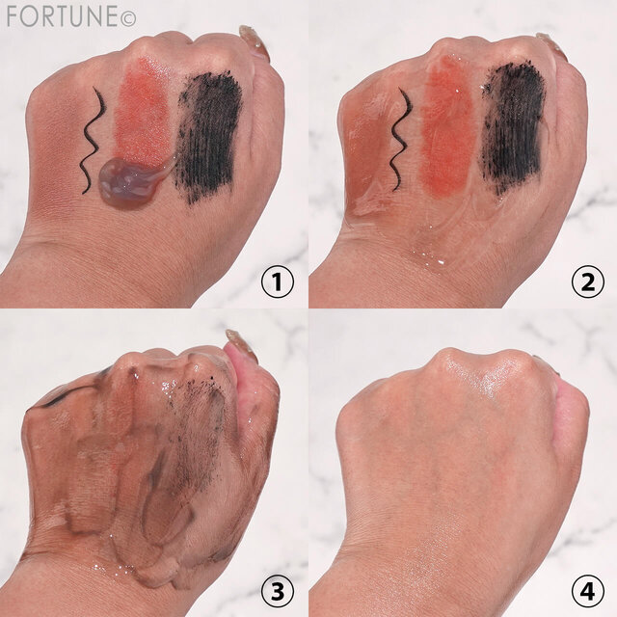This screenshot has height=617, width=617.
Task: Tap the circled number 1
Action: [x=278, y=282]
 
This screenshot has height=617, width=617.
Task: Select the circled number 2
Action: [x=587, y=282]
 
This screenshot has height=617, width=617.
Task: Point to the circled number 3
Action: [x=278, y=591]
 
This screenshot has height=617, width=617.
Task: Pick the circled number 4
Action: [x=587, y=591]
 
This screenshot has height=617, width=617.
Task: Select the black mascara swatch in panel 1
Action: [x=208, y=136]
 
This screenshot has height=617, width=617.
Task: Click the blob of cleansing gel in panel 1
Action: [x=132, y=182]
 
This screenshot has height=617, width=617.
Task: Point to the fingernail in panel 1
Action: [x=254, y=41]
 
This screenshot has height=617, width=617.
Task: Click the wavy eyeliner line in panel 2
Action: [x=401, y=141]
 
